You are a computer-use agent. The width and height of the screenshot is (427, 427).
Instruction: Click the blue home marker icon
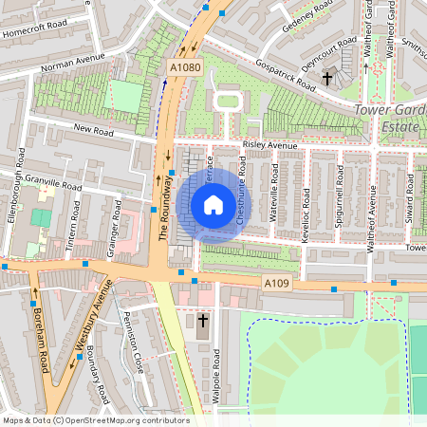point(213,205)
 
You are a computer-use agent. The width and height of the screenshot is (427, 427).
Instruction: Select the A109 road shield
point(275,284)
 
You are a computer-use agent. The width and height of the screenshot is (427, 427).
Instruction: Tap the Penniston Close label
point(134,351)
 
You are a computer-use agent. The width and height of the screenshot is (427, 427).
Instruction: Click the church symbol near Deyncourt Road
point(327,79)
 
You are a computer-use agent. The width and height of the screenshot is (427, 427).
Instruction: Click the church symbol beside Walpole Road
point(202,322)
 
